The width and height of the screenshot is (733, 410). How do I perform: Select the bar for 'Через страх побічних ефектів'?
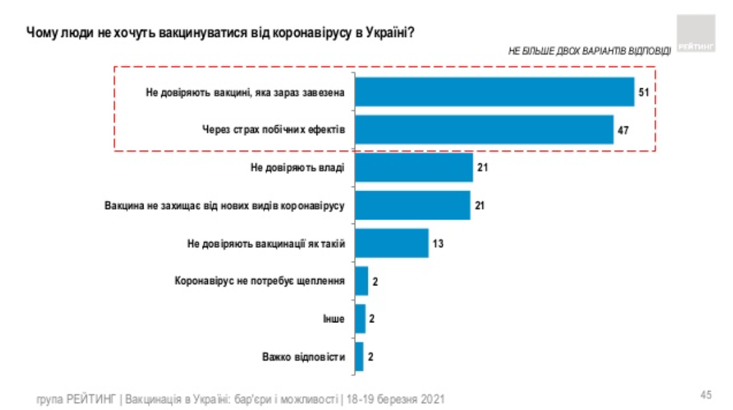click(484, 130)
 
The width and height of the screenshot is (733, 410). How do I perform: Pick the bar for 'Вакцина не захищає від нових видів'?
click(412, 205)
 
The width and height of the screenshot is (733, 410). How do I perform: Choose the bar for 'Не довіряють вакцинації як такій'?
click(392, 243)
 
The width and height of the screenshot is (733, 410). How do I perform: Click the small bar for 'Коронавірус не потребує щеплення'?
click(361, 281)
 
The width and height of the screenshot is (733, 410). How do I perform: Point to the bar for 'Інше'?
click(360, 318)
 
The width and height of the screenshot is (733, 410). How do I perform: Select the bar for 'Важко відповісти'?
click(359, 356)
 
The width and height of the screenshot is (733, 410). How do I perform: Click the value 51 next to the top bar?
click(644, 92)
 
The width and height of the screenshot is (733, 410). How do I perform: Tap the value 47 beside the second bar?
click(624, 130)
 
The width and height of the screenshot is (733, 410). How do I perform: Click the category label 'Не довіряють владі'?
click(297, 167)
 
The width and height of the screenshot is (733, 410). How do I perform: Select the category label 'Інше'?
click(334, 318)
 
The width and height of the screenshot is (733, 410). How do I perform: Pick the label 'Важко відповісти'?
click(304, 357)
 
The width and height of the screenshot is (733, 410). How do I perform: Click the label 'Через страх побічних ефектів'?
click(273, 130)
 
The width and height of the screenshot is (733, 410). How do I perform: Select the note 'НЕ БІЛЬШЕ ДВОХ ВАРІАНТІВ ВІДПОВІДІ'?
click(590, 51)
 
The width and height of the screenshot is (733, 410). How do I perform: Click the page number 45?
click(705, 395)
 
